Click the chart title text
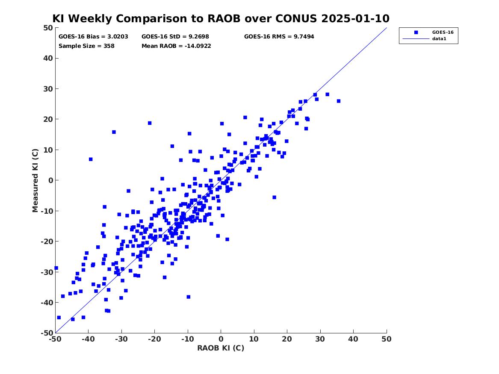point(221,18)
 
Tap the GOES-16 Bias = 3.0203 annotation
point(93,37)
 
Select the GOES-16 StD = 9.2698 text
point(175,37)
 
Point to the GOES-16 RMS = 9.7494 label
point(279,37)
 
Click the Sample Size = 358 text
point(86,46)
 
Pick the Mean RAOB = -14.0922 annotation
point(176,46)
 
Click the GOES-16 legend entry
point(443,32)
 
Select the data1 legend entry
point(439,39)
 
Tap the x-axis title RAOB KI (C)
point(221,348)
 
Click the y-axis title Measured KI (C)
point(35,180)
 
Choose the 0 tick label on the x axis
point(221,339)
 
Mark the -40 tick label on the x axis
point(89,339)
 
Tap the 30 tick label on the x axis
point(320,339)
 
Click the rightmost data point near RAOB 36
point(339,101)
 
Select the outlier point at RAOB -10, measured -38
point(189,297)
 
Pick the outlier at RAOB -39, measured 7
point(91,159)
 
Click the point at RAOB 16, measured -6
point(275,197)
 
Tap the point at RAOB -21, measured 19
point(150,123)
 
